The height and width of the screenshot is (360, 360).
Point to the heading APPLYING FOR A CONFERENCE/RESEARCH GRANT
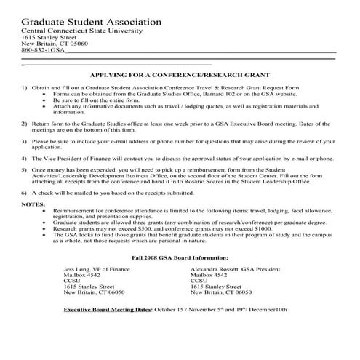180,75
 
